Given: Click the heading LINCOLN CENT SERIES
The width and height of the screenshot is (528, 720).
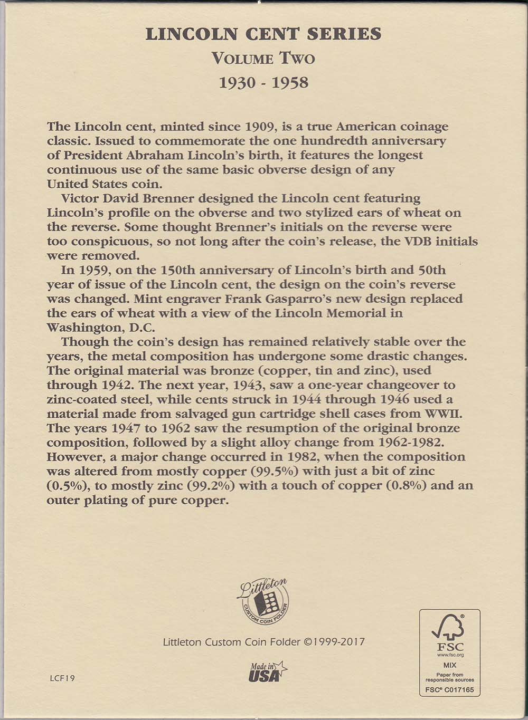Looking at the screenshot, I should click(263, 34).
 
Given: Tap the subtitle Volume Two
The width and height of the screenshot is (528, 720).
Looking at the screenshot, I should click(263, 59).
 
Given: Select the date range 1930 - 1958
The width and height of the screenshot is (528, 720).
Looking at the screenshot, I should click(263, 83).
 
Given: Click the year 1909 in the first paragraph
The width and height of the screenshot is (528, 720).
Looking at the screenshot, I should click(260, 127).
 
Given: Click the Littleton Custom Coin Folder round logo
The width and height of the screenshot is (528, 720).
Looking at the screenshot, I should click(263, 601).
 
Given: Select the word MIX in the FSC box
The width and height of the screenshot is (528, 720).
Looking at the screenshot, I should click(450, 665).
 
